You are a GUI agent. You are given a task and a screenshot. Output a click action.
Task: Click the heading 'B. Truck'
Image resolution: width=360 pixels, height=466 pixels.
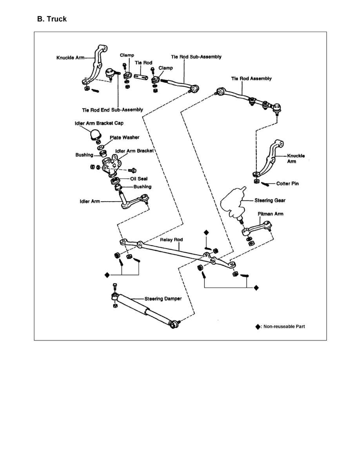(52, 19)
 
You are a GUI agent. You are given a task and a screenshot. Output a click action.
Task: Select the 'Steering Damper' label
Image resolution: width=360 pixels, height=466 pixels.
(163, 299)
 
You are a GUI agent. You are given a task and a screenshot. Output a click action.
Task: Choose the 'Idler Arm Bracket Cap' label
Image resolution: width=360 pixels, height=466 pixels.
(99, 123)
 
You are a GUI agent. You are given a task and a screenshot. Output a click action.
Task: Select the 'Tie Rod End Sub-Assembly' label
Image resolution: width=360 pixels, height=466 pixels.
(113, 109)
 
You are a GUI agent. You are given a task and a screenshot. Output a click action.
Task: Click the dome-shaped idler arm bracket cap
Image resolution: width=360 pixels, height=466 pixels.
(95, 135)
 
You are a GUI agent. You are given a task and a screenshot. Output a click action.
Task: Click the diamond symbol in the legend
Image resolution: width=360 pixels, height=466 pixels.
(257, 326)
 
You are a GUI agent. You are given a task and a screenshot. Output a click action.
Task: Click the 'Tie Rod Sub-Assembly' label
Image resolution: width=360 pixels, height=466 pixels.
(196, 56)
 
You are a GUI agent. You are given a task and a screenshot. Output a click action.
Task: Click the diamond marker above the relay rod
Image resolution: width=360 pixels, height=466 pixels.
(207, 232)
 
